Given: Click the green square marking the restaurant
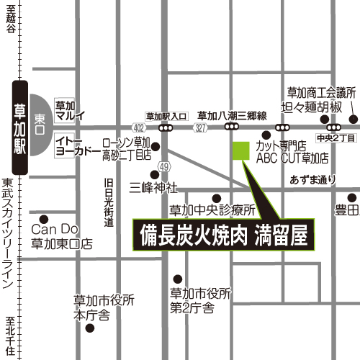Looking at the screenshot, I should coord(240,150).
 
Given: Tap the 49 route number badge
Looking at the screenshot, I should coord(164,167).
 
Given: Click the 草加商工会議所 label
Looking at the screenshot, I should coord(322,92).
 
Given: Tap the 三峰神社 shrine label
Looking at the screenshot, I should coord(153,186).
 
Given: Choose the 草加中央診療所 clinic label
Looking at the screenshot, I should coord(212,211).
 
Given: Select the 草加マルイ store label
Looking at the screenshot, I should coord(69,109).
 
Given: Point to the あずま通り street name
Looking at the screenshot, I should coord(313,179).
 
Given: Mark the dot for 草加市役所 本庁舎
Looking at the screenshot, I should coord(89,328).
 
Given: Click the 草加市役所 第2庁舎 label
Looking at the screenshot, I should coord(202,301).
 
